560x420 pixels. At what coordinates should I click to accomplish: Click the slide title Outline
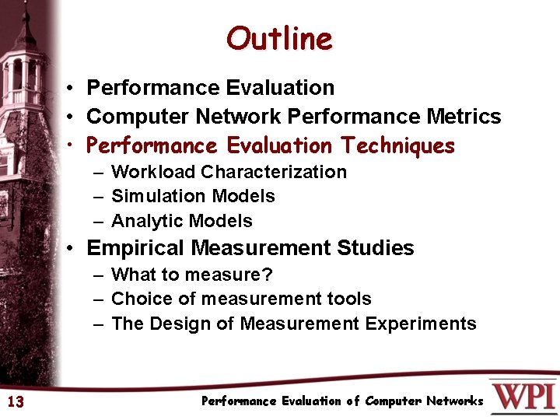tap(279, 38)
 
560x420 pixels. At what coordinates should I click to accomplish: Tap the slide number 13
tap(15, 401)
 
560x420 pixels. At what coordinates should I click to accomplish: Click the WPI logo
tap(523, 397)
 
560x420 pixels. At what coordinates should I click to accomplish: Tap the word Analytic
tap(142, 221)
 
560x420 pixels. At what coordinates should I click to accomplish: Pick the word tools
tap(350, 299)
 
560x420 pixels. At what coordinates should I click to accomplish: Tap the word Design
tap(186, 324)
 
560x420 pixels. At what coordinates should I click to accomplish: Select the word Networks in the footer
tap(454, 401)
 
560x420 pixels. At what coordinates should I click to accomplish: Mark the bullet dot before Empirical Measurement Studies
tap(70, 249)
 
